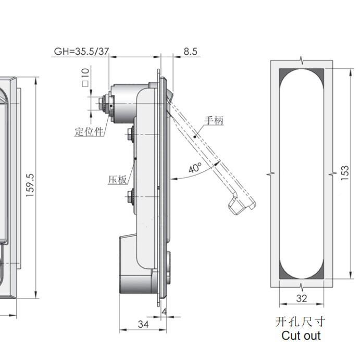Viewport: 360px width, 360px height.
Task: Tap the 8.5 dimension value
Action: [x=190, y=52]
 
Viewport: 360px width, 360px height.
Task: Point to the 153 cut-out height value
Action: [x=345, y=172]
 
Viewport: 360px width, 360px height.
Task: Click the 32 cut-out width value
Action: [x=302, y=298]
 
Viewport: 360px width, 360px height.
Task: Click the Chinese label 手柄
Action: [x=214, y=120]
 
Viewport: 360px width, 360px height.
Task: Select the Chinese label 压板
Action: [x=117, y=180]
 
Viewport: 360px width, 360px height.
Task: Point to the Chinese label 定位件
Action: [x=89, y=131]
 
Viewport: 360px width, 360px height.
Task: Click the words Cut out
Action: [x=301, y=336]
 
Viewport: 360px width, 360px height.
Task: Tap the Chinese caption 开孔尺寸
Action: [x=302, y=321]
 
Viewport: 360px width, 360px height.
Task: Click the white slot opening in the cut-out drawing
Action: [x=302, y=172]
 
